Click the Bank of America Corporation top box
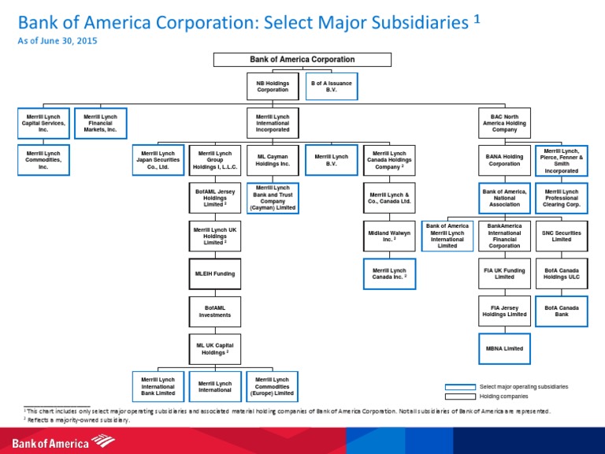point(302,59)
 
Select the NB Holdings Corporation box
point(273,86)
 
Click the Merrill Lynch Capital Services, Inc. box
point(43,122)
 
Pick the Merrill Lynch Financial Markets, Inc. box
point(100,122)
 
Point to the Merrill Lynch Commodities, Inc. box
point(43,159)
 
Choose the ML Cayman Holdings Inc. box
point(273,159)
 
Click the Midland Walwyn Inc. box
point(388,235)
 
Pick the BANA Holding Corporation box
point(504,159)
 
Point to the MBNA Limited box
point(504,348)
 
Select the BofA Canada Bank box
point(561,311)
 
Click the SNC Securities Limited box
point(561,235)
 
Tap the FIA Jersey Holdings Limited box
point(504,311)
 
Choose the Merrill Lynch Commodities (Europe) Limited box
point(273,386)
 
